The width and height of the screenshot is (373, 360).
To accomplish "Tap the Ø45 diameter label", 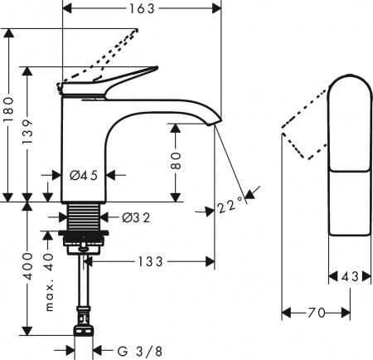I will pyautogui.click(x=85, y=175).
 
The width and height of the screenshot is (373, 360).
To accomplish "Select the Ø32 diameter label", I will pyautogui.click(x=135, y=218).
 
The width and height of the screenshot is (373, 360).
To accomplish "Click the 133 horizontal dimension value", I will pyautogui.click(x=149, y=261).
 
